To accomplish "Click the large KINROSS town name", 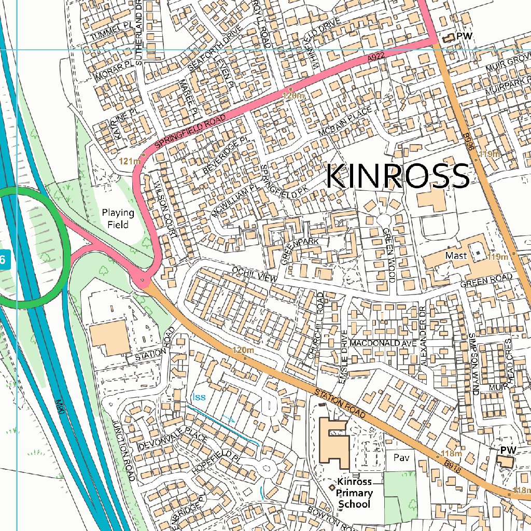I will pos(397,176).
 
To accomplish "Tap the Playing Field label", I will pos(118,218).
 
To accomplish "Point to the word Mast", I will pos(456,256).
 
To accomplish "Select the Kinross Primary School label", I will pos(354,493).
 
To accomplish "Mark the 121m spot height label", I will pos(130,161).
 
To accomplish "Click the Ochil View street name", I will pos(255,275).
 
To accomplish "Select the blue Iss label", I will pos(199,397).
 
